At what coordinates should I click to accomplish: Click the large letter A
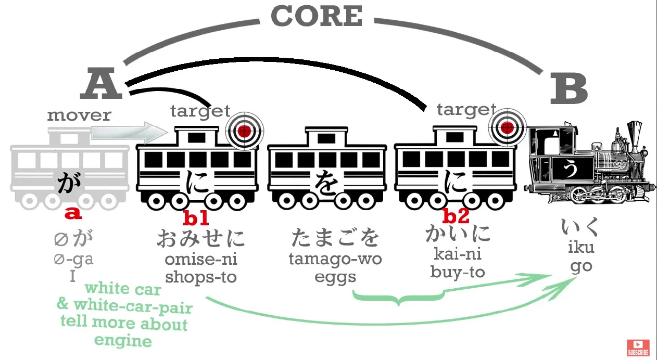(102, 86)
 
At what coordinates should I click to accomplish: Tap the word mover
(79, 115)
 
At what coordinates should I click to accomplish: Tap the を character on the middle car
(326, 184)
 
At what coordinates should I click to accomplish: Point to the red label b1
(196, 218)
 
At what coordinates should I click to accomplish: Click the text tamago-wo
(335, 259)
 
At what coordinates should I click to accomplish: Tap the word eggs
(335, 276)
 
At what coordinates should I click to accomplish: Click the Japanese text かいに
(458, 234)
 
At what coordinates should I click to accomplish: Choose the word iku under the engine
(581, 247)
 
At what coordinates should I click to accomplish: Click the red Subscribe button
(638, 347)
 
